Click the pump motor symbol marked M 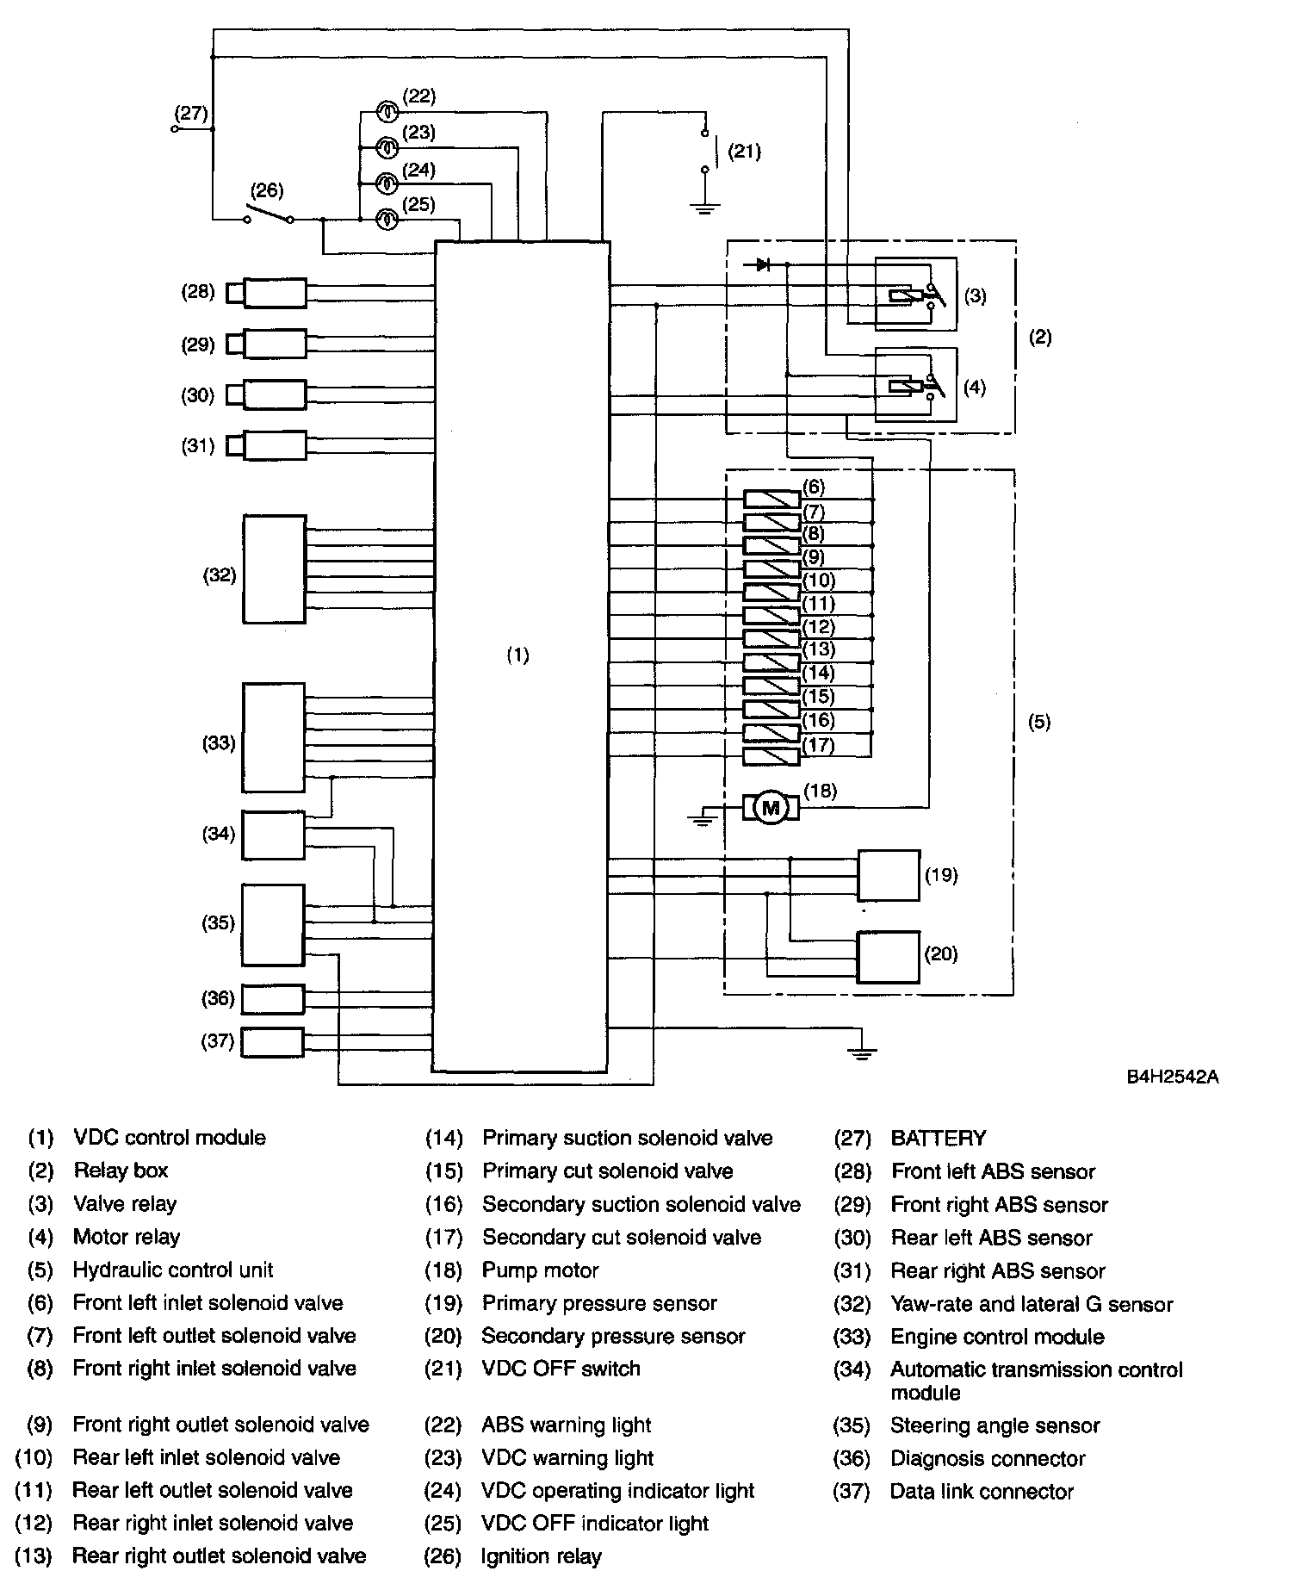pos(771,808)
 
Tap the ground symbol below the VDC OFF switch pos(705,207)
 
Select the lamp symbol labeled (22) pos(388,110)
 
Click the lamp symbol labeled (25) pos(388,220)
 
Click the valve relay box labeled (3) pos(915,295)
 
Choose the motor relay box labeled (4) pos(915,385)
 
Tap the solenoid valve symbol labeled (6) pos(771,499)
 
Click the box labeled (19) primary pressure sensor pos(888,875)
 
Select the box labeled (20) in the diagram pos(888,956)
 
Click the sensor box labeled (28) pos(275,293)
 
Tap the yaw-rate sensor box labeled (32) pos(275,569)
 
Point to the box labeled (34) pos(273,835)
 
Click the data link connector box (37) pos(272,1042)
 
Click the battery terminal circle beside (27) pos(176,129)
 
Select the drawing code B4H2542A pos(1172,1077)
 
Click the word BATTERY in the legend pos(939,1139)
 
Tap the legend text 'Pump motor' pos(540,1270)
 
